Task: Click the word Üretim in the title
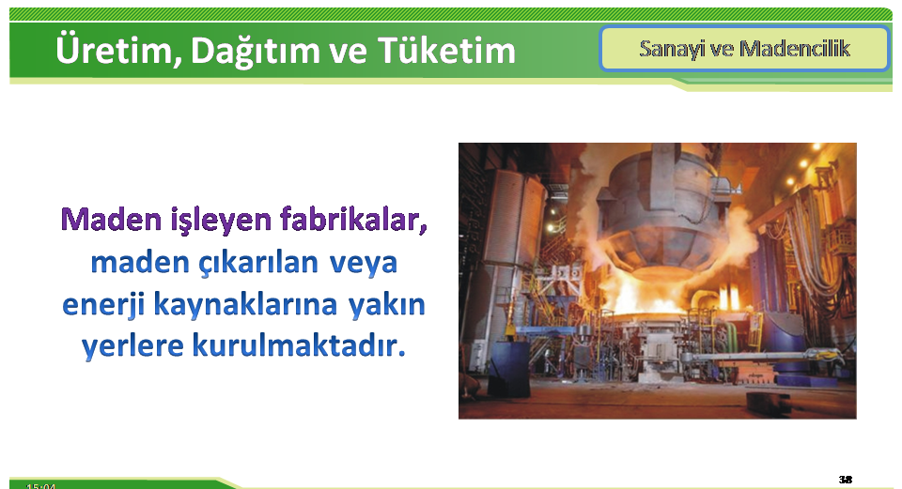[x=115, y=50]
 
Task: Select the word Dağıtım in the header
[x=255, y=51]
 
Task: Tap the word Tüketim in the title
[x=446, y=50]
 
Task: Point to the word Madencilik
[x=795, y=48]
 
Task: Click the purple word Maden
[x=111, y=220]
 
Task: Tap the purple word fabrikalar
[x=353, y=220]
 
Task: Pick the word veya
[x=364, y=264]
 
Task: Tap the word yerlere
[x=132, y=346]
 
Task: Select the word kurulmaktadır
[x=299, y=345]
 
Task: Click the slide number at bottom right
[x=845, y=480]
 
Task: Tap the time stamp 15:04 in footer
[x=40, y=486]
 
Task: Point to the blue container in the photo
[x=509, y=368]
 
